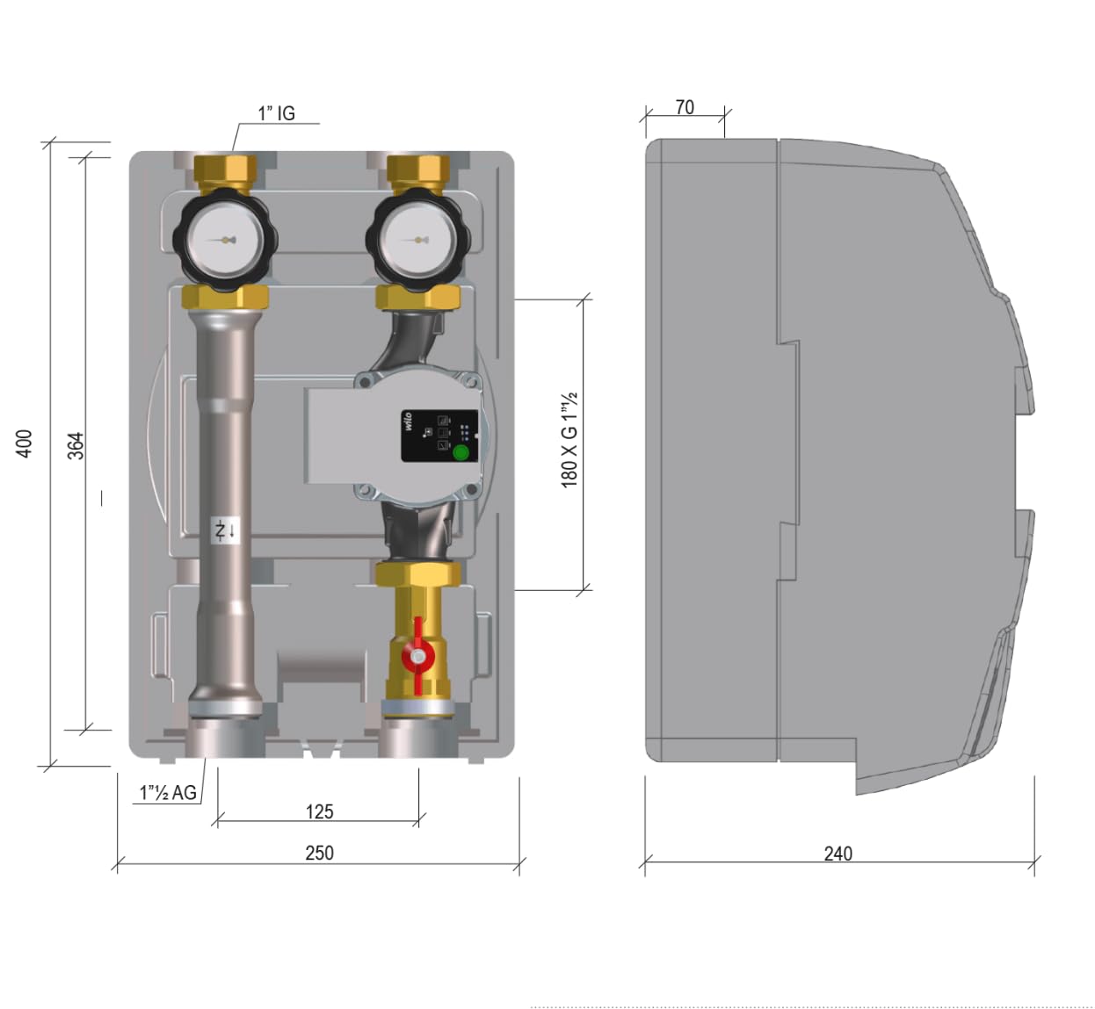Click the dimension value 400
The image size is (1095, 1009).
(x=25, y=443)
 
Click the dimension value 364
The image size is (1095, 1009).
(x=76, y=445)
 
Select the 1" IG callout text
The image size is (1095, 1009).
(x=276, y=113)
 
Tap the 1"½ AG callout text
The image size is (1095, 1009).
(x=168, y=792)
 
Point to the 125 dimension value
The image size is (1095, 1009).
(x=319, y=811)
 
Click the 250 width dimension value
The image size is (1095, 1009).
(x=319, y=853)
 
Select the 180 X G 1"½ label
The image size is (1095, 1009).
(x=569, y=440)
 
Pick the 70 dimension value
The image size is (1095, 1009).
(x=685, y=107)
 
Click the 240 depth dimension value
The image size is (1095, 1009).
(x=838, y=853)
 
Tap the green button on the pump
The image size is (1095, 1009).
(x=460, y=453)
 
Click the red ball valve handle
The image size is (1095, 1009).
(x=417, y=655)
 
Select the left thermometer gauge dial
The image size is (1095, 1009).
(x=225, y=240)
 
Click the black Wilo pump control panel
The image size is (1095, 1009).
(x=439, y=436)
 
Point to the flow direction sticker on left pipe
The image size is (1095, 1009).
(x=225, y=530)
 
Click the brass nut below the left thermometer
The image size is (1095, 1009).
(x=225, y=297)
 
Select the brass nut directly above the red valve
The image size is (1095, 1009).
(x=418, y=574)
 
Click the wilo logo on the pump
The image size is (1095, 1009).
(x=409, y=421)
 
